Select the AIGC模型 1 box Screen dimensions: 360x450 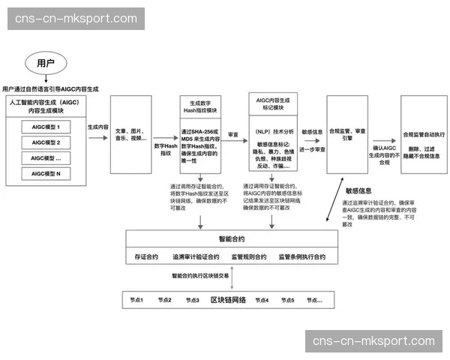(x=52, y=126)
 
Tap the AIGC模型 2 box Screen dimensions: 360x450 (x=52, y=142)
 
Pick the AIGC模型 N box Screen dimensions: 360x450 (x=52, y=174)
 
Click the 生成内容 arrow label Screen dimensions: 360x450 (x=98, y=128)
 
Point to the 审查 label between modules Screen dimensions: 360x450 (x=233, y=134)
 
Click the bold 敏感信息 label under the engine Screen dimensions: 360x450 (x=358, y=190)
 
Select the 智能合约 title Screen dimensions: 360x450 (x=231, y=240)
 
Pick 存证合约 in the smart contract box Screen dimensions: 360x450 (x=145, y=257)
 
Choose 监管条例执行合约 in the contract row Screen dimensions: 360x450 (x=302, y=257)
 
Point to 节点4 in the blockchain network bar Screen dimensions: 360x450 (x=261, y=300)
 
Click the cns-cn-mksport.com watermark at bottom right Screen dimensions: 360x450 (x=373, y=341)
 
